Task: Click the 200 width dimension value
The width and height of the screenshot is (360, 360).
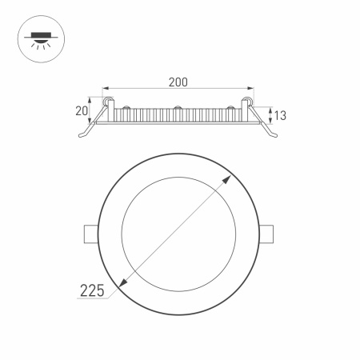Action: (x=178, y=81)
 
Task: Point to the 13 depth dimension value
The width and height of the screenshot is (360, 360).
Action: (x=281, y=115)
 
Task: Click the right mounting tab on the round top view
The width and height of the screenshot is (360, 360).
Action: (x=270, y=232)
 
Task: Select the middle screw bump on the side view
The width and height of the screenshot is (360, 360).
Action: (x=178, y=107)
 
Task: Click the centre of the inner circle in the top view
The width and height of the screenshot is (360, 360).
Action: (x=179, y=230)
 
